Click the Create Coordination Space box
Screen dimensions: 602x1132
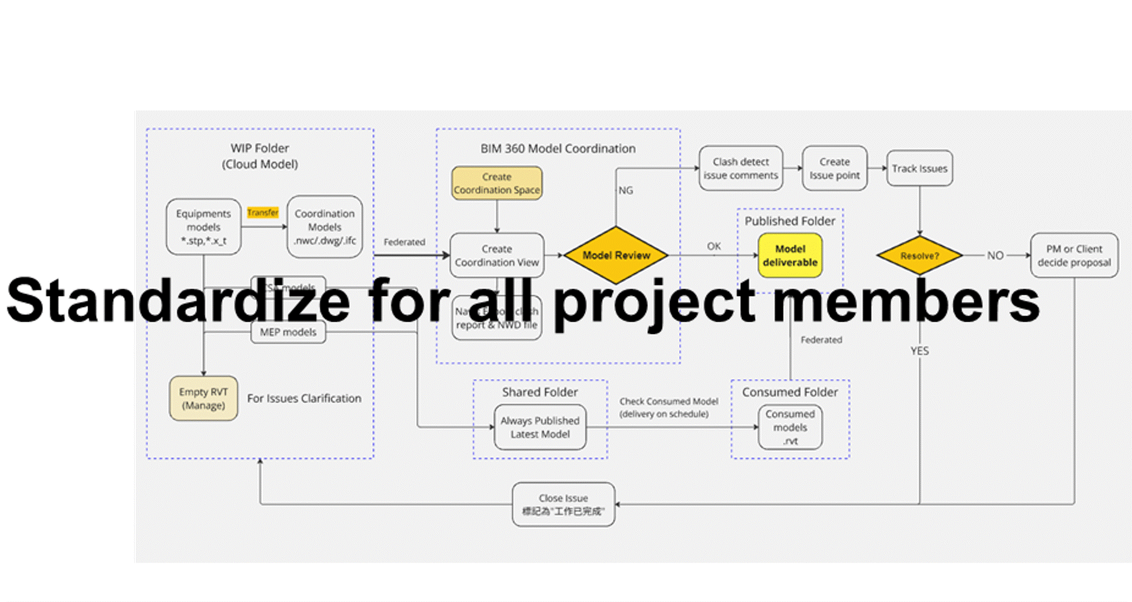click(x=496, y=183)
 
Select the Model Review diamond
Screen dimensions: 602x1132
click(x=616, y=255)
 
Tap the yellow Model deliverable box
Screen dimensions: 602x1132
click(x=790, y=255)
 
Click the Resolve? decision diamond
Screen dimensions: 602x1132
click(x=919, y=255)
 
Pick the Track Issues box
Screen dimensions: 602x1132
click(x=919, y=168)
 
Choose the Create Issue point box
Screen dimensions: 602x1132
click(x=834, y=168)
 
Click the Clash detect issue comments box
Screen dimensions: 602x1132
click(x=740, y=168)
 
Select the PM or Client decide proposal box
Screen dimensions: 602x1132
click(x=1074, y=255)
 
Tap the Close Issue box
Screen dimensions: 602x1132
click(x=563, y=504)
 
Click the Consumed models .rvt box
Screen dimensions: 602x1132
click(x=790, y=427)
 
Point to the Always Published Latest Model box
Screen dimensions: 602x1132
click(x=540, y=427)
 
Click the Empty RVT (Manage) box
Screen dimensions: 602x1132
click(x=203, y=398)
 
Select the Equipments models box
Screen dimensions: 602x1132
click(x=203, y=227)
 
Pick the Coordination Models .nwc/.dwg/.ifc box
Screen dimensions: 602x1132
click(x=325, y=227)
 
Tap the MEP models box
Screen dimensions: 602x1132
click(x=288, y=332)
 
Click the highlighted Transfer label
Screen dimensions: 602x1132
click(x=262, y=212)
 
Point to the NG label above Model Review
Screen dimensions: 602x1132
click(x=626, y=191)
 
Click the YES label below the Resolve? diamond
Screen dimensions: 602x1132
click(x=919, y=351)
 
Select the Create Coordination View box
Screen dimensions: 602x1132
click(x=496, y=255)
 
